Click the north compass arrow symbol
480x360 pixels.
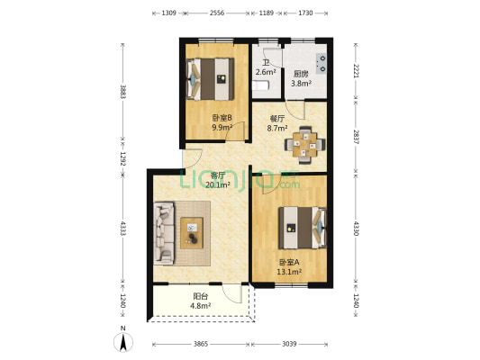coord(123,342)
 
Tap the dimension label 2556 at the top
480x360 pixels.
coord(217,13)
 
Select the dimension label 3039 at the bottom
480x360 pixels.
coord(289,344)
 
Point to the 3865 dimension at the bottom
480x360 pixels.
coord(201,344)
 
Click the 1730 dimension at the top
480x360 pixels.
coord(305,13)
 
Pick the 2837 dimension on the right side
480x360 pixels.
coord(357,137)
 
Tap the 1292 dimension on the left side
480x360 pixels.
coord(123,159)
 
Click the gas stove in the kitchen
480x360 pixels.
coord(322,63)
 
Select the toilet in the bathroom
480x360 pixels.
coord(260,85)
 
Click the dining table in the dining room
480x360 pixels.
coord(305,145)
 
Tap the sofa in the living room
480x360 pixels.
coord(164,233)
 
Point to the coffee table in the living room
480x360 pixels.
coord(192,233)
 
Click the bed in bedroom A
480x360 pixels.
coord(303,228)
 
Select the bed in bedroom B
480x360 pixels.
coord(210,79)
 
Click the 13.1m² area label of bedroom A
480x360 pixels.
coord(290,272)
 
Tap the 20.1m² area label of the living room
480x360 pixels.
coord(218,185)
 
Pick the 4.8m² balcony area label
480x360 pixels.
coord(201,305)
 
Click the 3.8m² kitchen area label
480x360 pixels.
coord(301,83)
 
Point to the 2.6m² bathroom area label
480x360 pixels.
coord(266,72)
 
